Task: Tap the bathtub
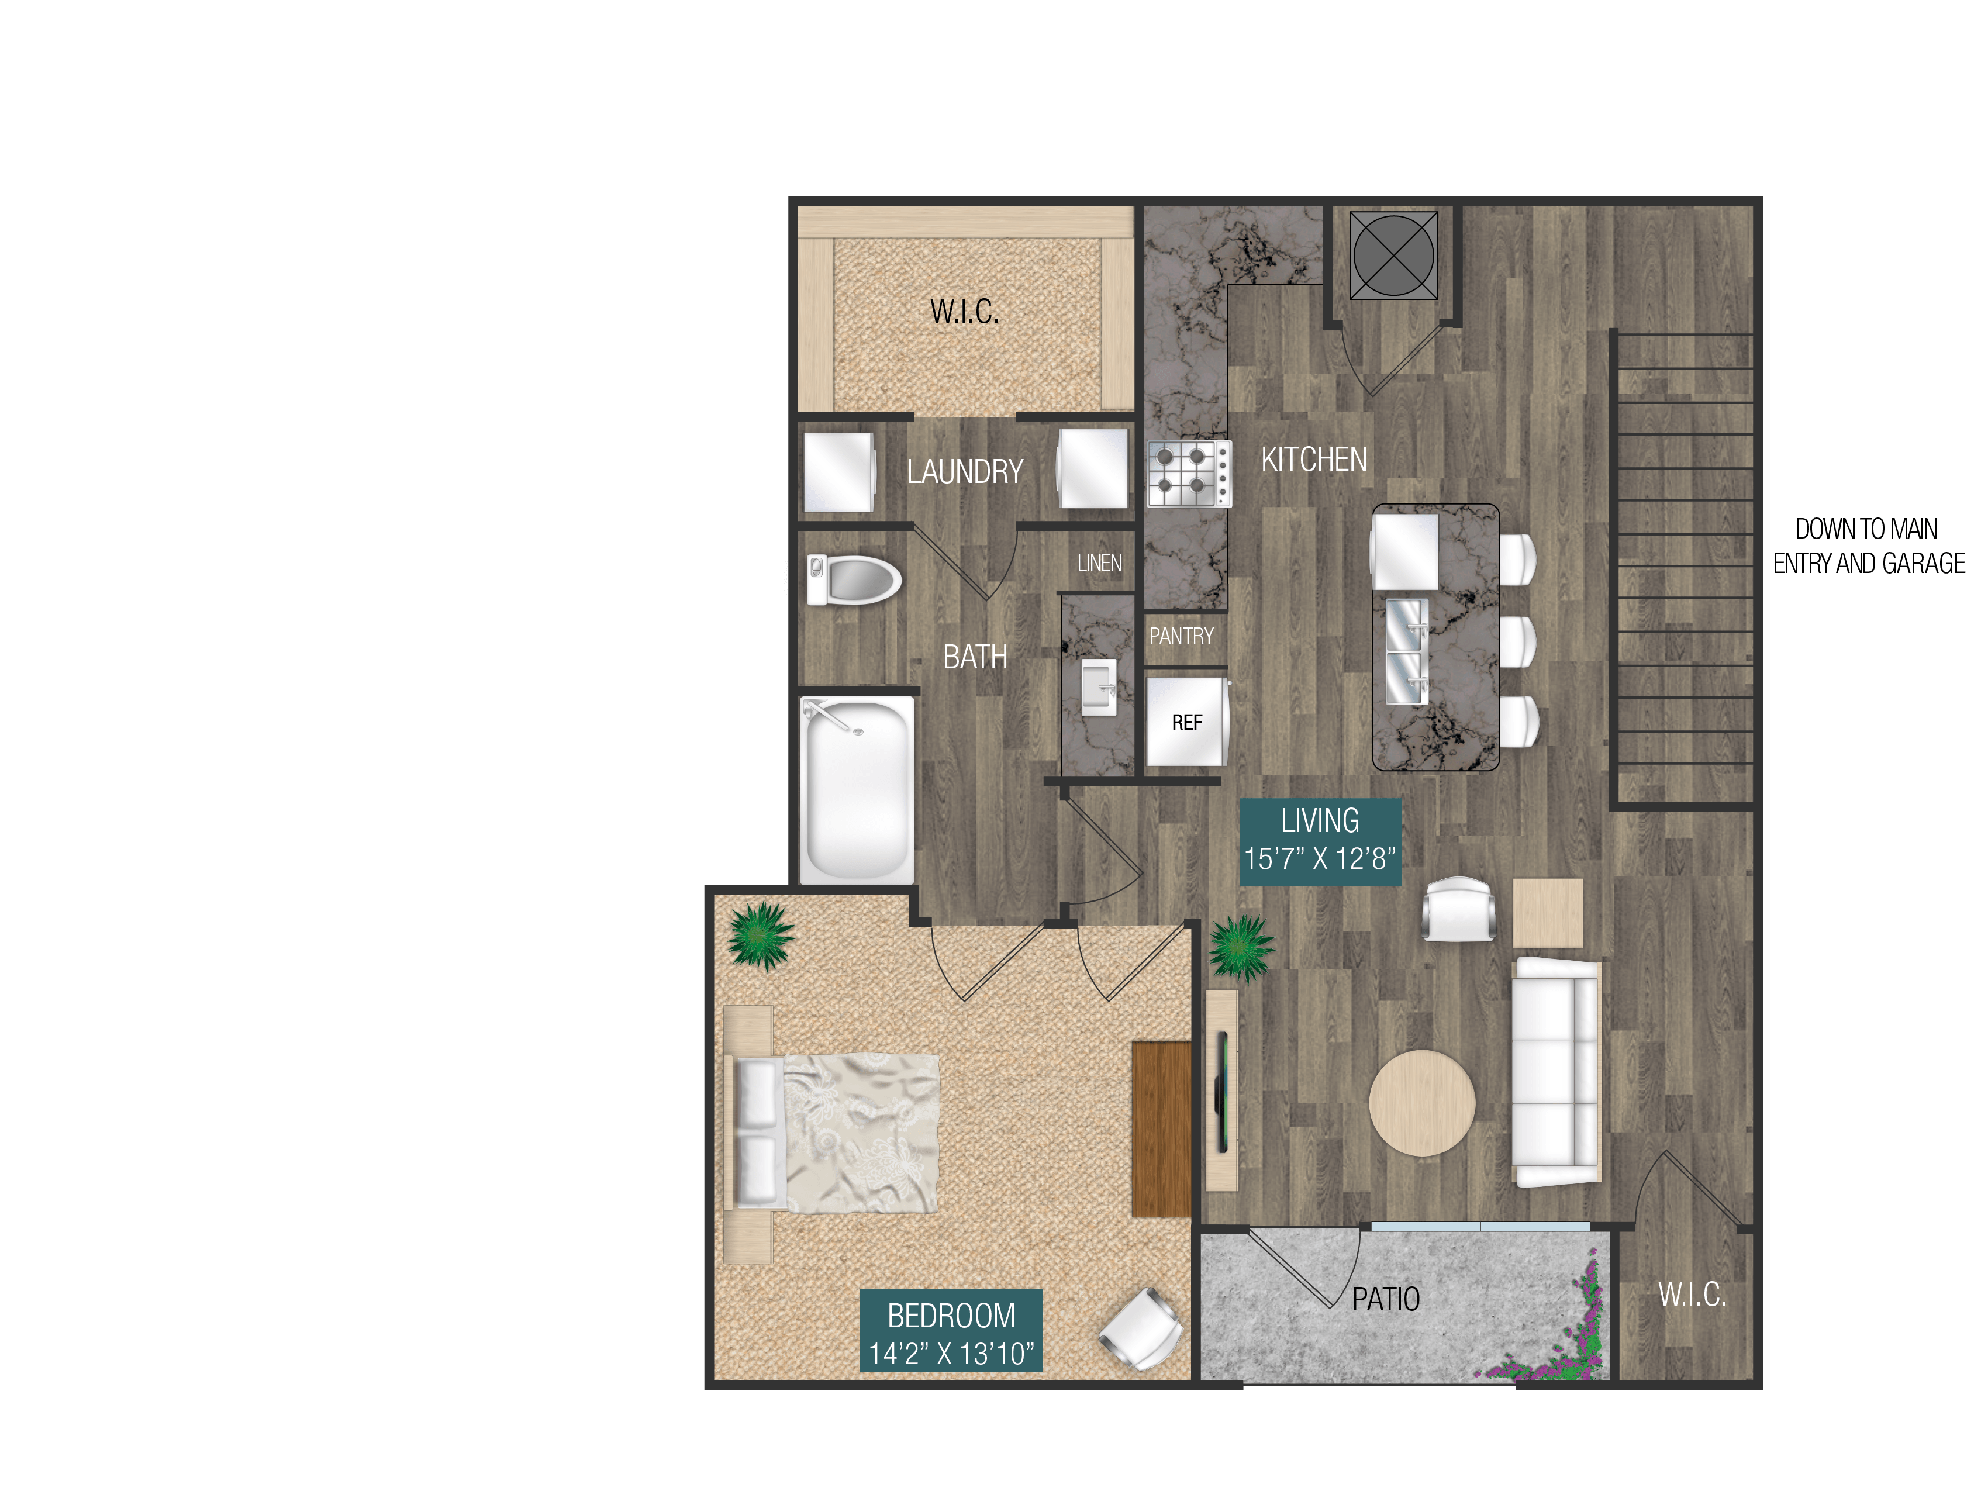tap(857, 791)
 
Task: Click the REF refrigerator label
tap(1186, 723)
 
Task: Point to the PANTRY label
tap(1181, 636)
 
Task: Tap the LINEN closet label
tap(1099, 564)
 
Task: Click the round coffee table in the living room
tap(1422, 1103)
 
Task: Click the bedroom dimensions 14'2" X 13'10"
tap(951, 1354)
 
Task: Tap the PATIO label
tap(1386, 1300)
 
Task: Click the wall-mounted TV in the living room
tap(1222, 1092)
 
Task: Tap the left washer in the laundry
tap(838, 472)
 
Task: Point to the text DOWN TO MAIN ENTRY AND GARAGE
tap(1868, 546)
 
